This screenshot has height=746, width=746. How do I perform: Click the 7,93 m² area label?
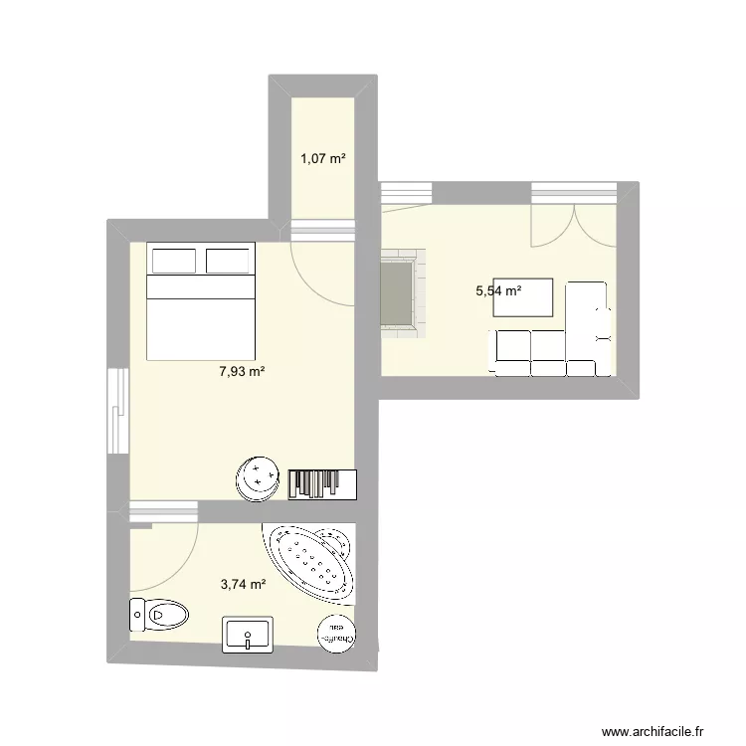pos(242,372)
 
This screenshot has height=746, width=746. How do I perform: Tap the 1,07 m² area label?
pos(322,157)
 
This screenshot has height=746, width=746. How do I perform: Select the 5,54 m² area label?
pos(498,291)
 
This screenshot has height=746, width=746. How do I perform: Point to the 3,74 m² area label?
pos(243,586)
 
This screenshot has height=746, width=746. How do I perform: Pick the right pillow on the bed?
pos(227,260)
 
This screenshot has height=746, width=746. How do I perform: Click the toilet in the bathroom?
pos(158,615)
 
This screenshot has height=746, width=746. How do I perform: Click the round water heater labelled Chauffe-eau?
pos(335,635)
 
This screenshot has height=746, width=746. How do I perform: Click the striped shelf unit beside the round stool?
pos(320,483)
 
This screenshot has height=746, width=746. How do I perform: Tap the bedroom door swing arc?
pos(324,276)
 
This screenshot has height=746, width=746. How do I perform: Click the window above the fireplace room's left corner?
pos(406,193)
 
